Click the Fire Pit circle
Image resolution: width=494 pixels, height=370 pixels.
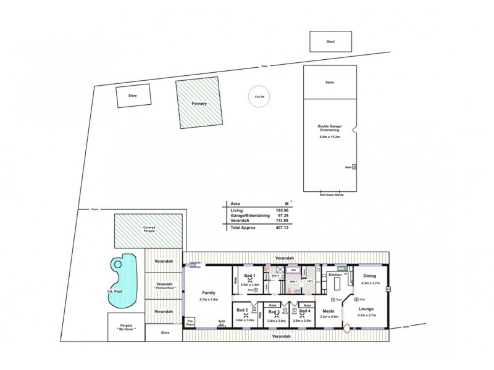point(259,97)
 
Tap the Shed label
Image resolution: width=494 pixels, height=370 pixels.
point(330,43)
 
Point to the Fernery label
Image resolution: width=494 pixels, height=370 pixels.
point(199,104)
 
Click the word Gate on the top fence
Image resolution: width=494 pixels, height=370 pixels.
point(264,66)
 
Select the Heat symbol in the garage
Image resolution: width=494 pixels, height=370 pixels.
point(354,166)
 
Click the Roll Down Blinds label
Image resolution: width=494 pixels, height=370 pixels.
point(331,195)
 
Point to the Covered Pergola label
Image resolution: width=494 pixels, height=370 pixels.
point(149,229)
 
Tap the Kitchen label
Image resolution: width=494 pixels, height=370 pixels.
point(335,274)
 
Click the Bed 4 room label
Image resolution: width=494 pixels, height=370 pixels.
point(304,312)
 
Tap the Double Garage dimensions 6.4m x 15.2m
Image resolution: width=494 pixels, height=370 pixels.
point(331,136)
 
